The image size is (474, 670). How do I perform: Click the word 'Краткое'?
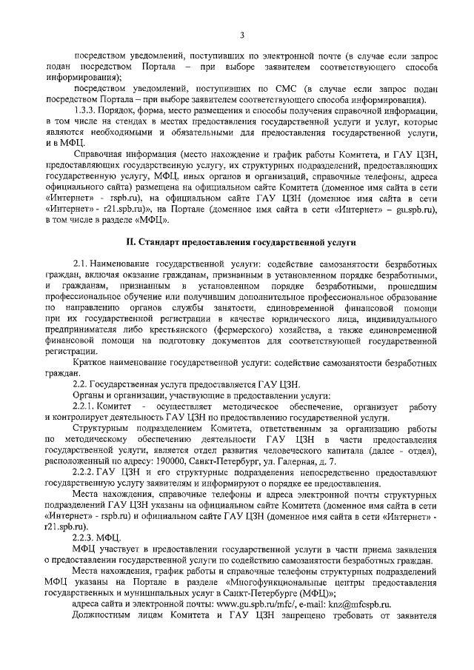click(x=91, y=364)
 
